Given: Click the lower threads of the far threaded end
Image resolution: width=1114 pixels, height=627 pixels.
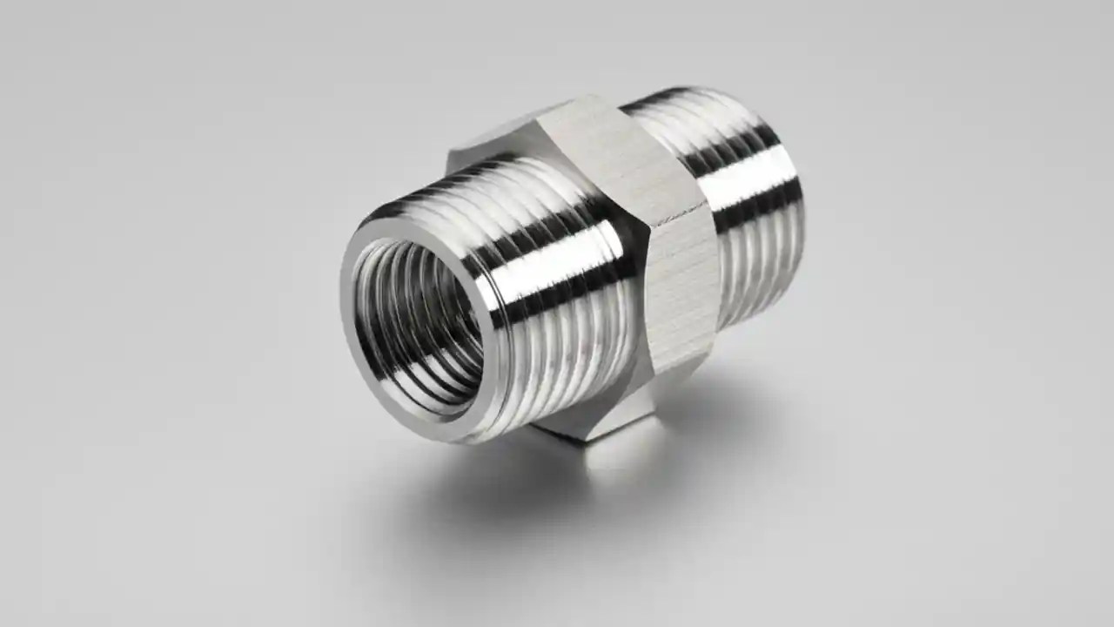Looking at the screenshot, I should point(757,279).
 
